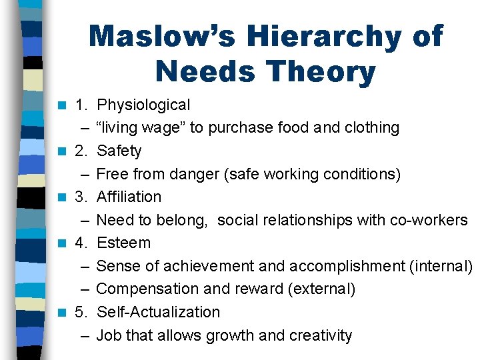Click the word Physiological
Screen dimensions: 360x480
pos(143,105)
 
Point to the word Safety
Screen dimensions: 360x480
pos(119,151)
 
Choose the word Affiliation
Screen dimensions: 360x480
pos(129,197)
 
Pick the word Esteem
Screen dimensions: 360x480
pos(124,243)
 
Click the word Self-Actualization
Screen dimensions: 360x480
pos(159,312)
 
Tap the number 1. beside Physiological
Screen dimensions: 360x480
pos(82,105)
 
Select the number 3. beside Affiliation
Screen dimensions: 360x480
pos(82,197)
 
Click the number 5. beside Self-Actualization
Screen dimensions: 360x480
pos(82,312)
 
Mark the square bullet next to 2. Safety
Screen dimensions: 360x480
pos(62,151)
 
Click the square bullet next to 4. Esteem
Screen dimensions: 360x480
pos(62,243)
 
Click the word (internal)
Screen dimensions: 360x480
pos(441,266)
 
